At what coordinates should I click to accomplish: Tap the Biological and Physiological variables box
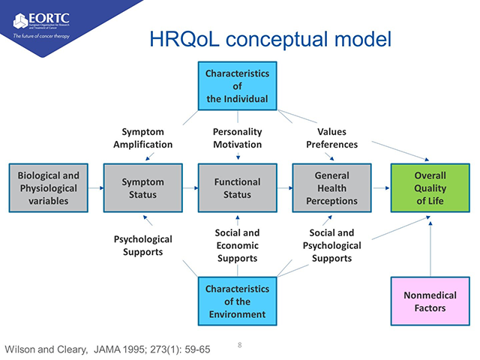48,187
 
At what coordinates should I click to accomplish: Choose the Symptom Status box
142,187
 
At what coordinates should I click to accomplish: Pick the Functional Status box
237,187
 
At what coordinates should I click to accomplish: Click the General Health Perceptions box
331,187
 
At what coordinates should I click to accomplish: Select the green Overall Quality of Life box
430,187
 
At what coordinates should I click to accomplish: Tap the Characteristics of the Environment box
237,300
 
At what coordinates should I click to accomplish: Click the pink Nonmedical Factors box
430,301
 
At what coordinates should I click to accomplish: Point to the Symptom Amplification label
142,138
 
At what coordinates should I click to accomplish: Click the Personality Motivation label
237,138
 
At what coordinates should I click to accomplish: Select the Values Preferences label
331,138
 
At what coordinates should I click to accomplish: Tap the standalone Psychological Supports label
142,244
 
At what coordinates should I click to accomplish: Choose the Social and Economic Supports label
237,245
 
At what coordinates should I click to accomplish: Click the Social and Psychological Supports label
331,245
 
